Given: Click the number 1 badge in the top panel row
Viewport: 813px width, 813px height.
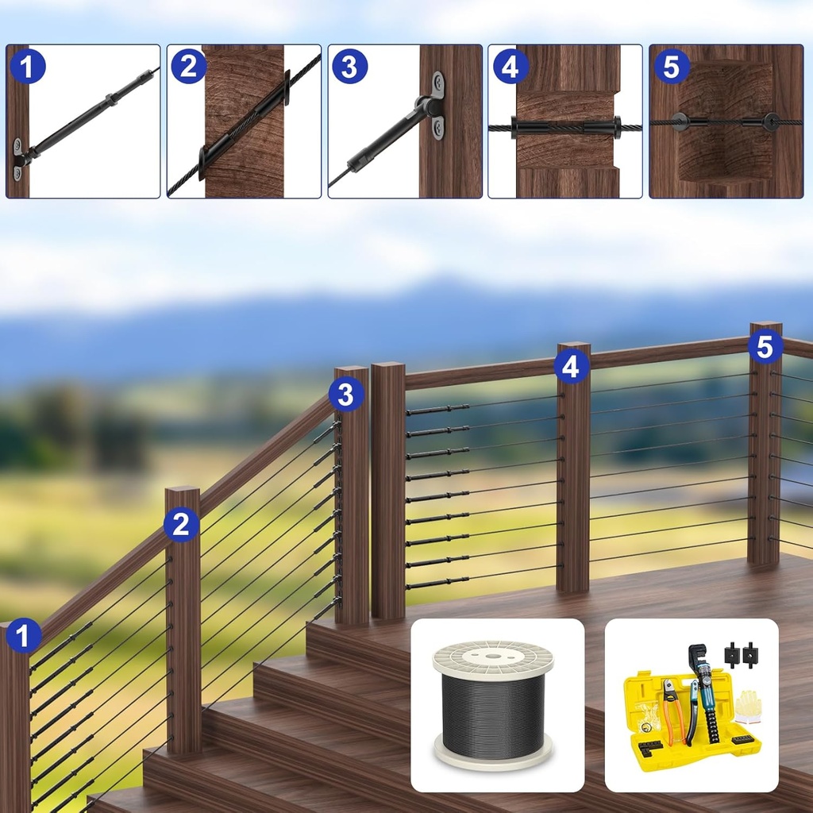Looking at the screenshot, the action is pyautogui.click(x=28, y=67).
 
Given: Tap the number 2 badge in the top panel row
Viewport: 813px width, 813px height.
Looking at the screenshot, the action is pyautogui.click(x=188, y=67).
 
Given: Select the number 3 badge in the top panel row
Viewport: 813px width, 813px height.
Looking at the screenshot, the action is pyautogui.click(x=349, y=67).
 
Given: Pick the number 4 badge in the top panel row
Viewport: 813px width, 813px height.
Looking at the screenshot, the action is pyautogui.click(x=511, y=67).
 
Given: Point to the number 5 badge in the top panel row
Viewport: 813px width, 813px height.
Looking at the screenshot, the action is pyautogui.click(x=671, y=67).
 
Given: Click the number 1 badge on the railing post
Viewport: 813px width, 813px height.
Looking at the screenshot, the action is pyautogui.click(x=23, y=636).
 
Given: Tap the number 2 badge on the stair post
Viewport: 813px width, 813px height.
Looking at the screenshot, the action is pyautogui.click(x=182, y=524).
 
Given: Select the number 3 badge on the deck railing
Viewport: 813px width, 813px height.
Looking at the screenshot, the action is pyautogui.click(x=346, y=395).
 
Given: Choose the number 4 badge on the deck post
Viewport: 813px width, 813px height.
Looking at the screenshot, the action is pyautogui.click(x=571, y=367).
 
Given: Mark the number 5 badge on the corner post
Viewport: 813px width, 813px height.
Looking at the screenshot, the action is pyautogui.click(x=765, y=346).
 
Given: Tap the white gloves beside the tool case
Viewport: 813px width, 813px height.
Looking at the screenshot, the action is pyautogui.click(x=748, y=704).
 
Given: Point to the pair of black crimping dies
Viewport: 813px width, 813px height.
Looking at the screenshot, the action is pyautogui.click(x=741, y=655).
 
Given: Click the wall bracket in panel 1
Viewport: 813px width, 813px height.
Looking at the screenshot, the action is pyautogui.click(x=19, y=159).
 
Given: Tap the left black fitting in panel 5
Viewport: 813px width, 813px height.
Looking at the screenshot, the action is pyautogui.click(x=679, y=121).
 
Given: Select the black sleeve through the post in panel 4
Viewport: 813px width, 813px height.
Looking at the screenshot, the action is pyautogui.click(x=566, y=127).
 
